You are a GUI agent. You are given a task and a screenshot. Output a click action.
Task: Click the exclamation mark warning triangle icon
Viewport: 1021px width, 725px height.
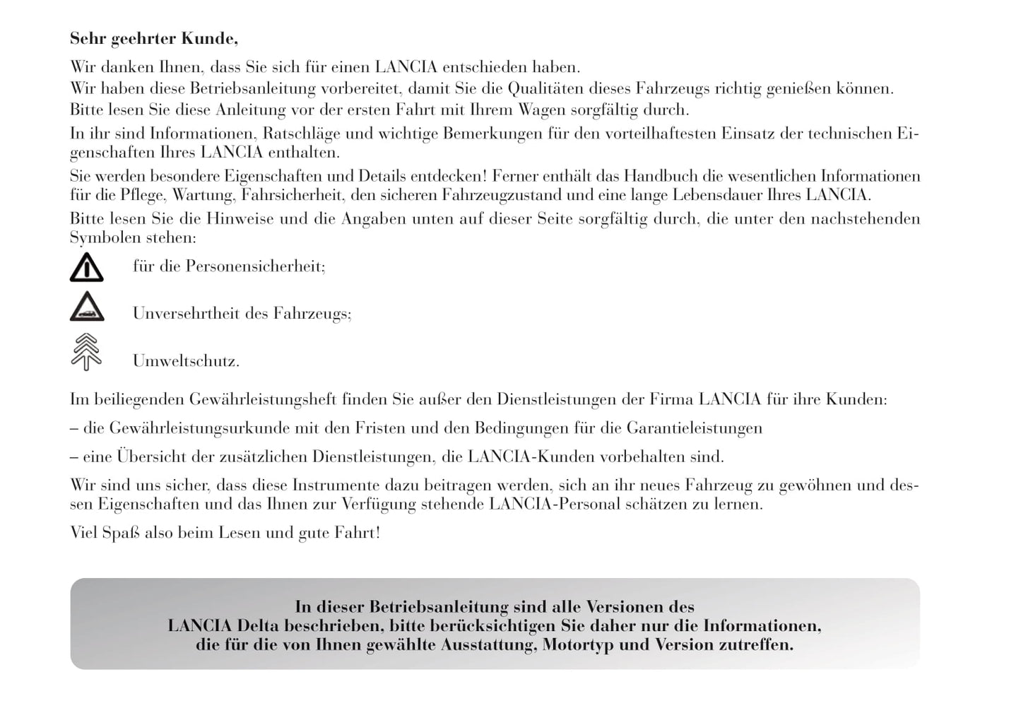(87, 268)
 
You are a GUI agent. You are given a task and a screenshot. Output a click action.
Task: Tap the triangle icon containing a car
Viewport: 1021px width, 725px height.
(87, 307)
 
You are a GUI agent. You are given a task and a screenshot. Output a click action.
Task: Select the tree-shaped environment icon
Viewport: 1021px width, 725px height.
(86, 352)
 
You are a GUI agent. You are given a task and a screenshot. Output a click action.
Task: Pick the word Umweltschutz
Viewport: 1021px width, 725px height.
(185, 361)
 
